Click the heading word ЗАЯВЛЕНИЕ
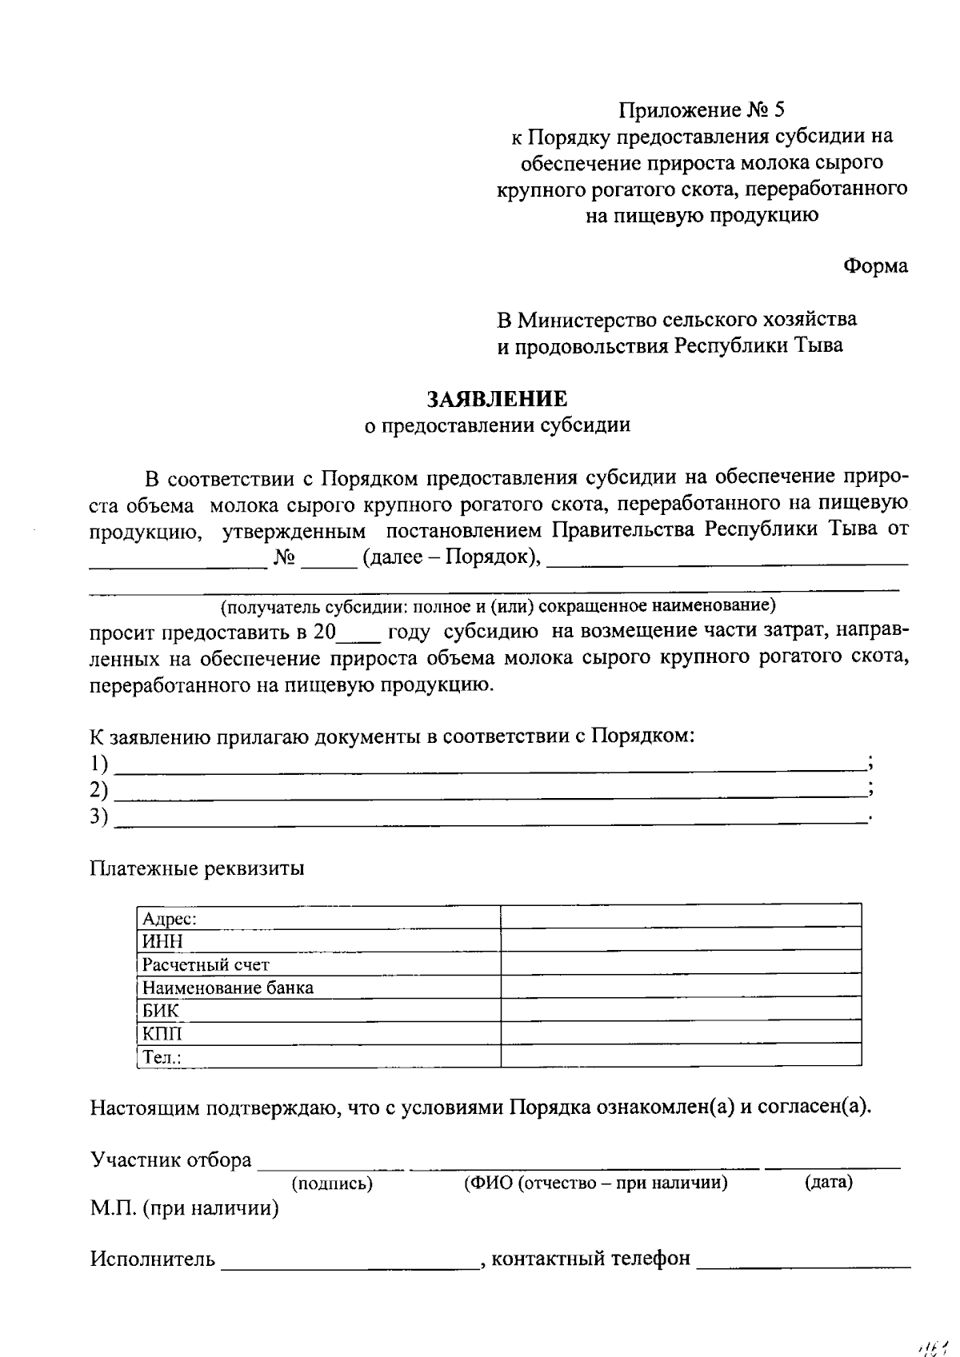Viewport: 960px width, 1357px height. point(497,398)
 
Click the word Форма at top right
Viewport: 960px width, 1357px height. point(876,266)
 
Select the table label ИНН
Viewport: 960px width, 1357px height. point(162,942)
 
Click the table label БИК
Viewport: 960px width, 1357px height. point(160,1011)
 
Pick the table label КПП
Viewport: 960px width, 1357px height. point(162,1034)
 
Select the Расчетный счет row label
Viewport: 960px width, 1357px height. point(206,965)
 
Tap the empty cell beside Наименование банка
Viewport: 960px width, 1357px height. point(681,988)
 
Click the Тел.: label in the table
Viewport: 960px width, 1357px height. point(162,1057)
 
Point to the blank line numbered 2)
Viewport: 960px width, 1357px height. point(490,793)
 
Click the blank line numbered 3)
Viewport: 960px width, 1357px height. point(490,819)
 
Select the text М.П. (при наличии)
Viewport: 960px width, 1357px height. point(184,1208)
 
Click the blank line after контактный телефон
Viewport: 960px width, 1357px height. point(803,1263)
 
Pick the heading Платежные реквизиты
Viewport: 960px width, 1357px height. point(197,868)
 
